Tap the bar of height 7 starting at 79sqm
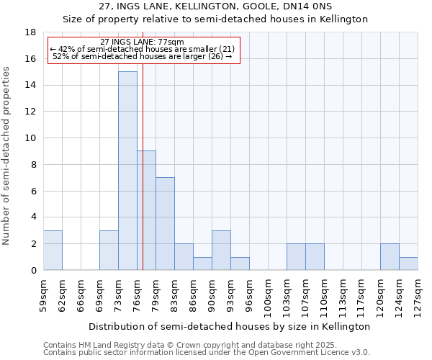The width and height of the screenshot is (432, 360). (165, 223)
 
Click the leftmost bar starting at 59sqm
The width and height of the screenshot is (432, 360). (53, 250)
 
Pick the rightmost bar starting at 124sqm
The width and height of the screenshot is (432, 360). (408, 264)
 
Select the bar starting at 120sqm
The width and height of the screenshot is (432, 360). (390, 256)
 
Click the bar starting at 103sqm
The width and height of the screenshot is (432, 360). (296, 256)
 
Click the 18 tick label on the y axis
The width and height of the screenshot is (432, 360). (30, 32)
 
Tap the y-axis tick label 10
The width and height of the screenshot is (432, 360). (30, 138)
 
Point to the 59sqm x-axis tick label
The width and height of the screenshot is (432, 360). (43, 294)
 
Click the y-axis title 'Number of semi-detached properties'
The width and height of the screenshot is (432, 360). (7, 156)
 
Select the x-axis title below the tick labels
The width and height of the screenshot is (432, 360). (230, 326)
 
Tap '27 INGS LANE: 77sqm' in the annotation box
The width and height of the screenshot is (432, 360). (143, 42)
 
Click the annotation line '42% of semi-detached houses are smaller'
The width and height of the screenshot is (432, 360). (143, 49)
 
